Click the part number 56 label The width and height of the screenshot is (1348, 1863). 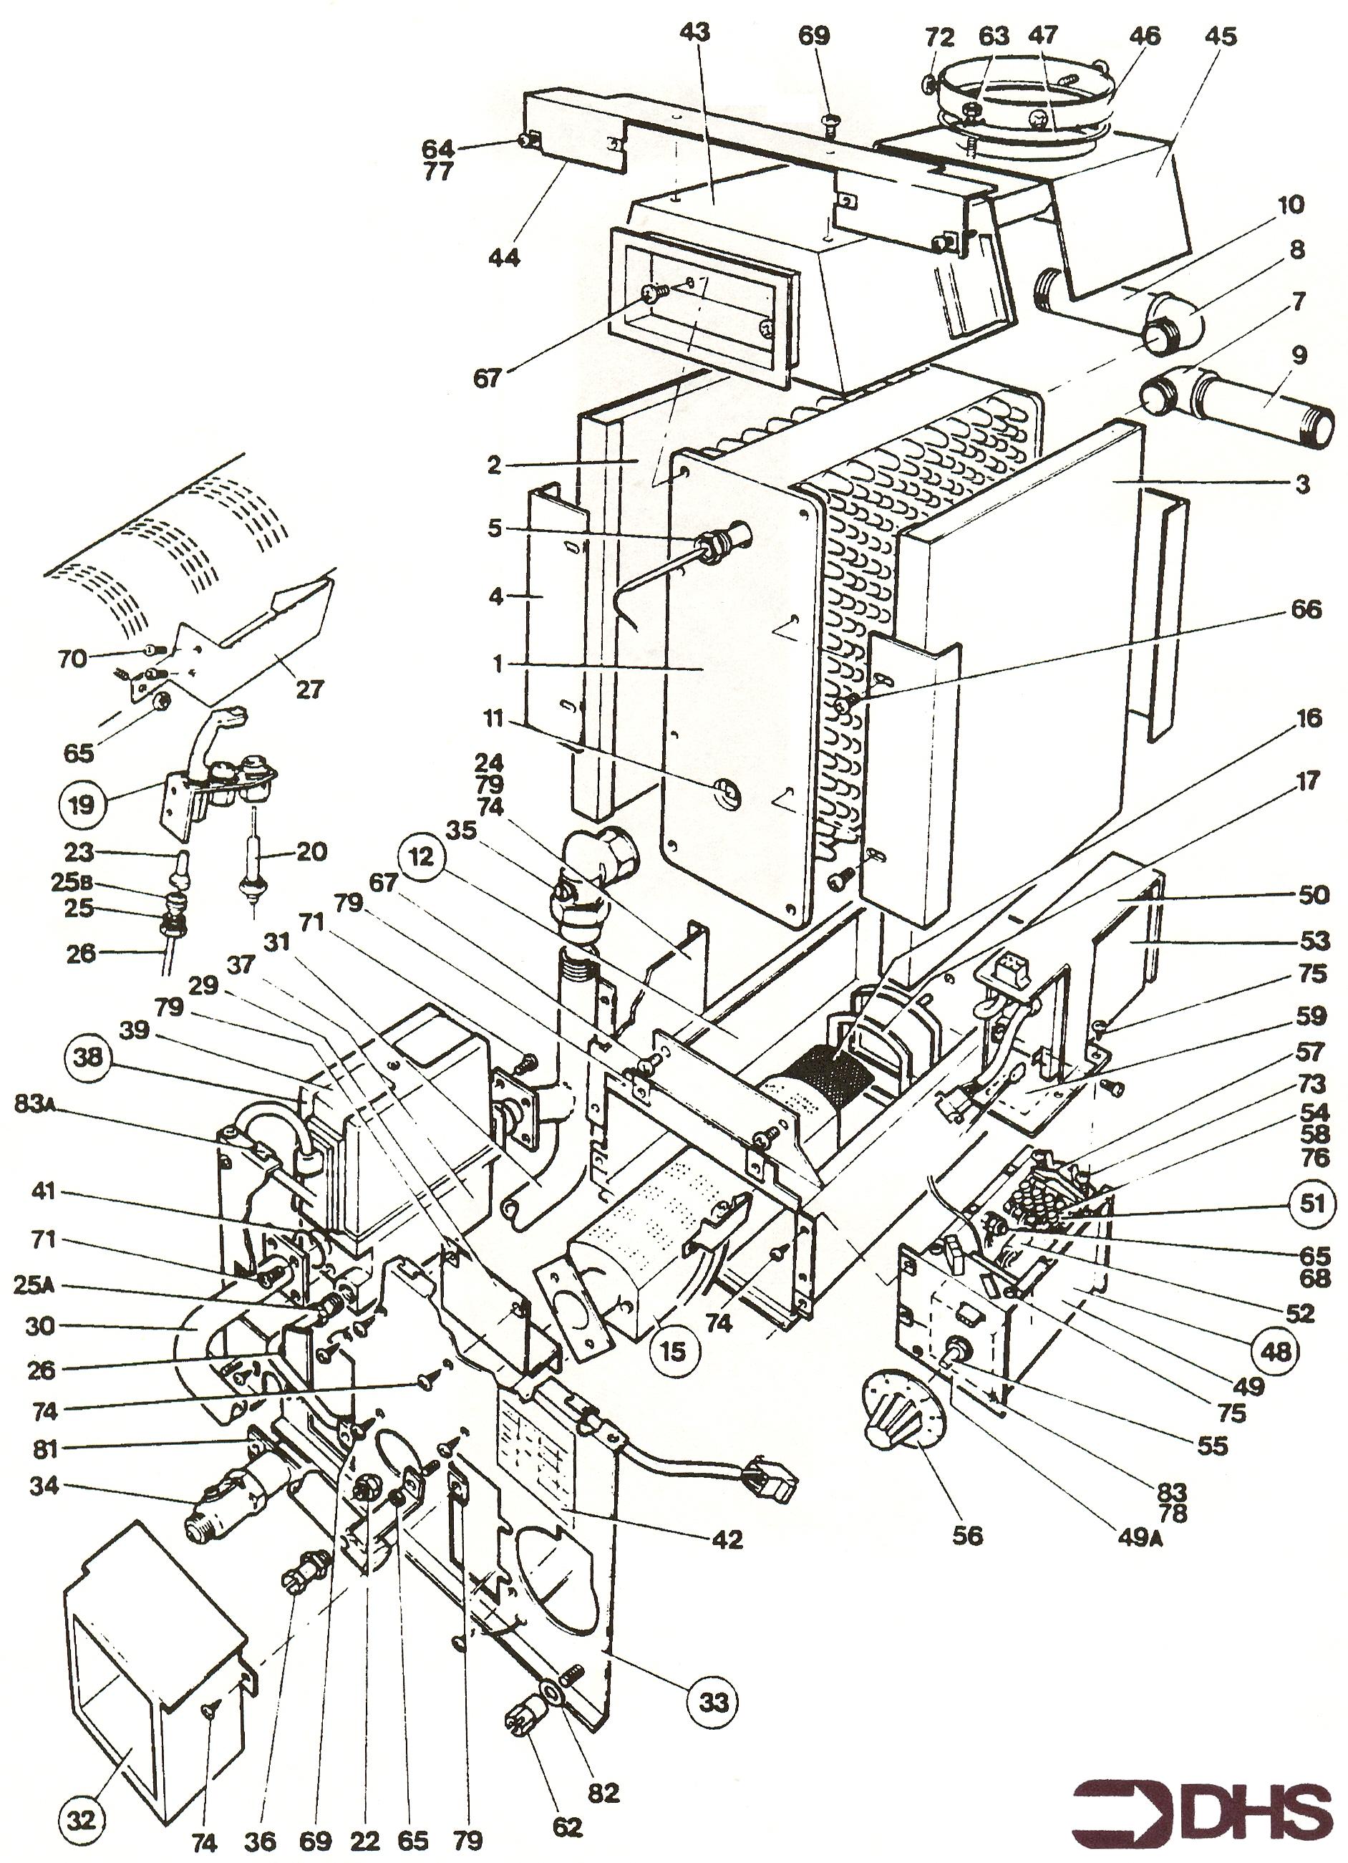click(968, 1534)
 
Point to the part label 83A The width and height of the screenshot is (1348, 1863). click(35, 1105)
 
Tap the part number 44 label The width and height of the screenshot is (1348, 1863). click(503, 257)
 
